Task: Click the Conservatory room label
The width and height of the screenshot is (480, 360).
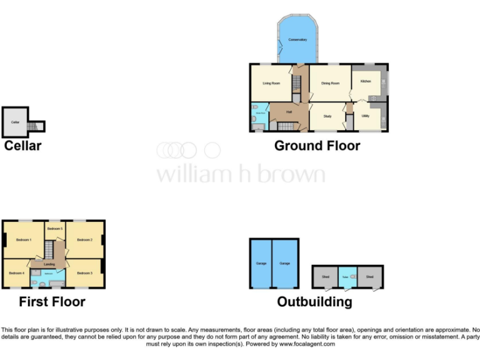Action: point(297,39)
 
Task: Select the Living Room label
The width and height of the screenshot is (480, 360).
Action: point(271,82)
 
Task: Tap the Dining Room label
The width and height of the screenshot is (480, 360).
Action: point(330,82)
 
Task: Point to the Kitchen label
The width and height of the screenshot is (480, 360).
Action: point(366,81)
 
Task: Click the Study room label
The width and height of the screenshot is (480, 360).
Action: point(327,115)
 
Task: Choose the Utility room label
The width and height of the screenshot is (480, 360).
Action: point(365,116)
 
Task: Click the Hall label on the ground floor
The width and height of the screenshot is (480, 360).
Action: point(289,112)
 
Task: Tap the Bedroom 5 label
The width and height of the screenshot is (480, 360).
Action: point(55,229)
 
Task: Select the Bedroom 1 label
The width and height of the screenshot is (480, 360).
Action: point(24,240)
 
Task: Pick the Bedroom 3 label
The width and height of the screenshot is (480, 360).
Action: point(85,273)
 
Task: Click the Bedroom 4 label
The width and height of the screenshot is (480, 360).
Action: point(16,273)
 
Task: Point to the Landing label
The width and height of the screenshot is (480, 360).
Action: point(49,264)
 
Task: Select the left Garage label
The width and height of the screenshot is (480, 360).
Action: point(261,263)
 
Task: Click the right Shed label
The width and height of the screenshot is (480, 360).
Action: point(370,276)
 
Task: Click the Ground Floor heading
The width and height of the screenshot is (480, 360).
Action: point(317,146)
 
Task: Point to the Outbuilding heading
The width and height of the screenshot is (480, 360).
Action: point(314,302)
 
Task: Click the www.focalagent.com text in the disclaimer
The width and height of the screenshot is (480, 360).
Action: point(307,344)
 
